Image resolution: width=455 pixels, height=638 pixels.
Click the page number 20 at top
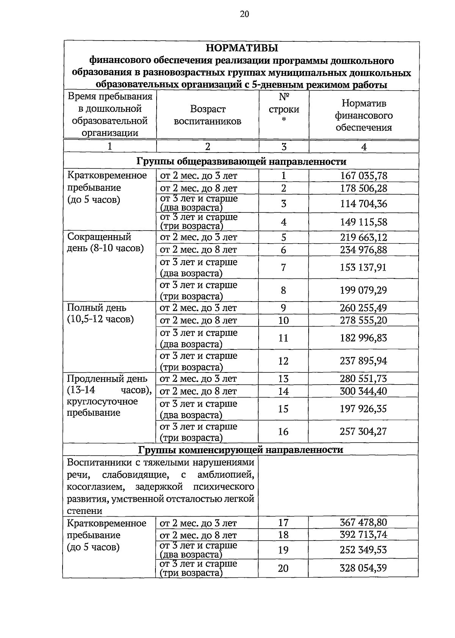tap(244, 14)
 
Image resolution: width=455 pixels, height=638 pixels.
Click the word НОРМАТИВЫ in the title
tap(242, 48)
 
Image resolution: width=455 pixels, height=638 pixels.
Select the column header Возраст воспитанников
tap(207, 115)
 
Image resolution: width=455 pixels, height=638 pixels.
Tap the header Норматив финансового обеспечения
tap(364, 115)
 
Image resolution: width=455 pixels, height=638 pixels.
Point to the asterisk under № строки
tap(284, 121)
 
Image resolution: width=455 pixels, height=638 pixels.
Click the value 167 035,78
tap(364, 176)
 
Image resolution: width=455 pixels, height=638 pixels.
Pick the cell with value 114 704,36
tap(364, 204)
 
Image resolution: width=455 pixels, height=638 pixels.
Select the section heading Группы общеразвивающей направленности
tap(241, 162)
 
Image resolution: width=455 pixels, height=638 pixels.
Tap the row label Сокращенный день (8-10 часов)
tap(105, 243)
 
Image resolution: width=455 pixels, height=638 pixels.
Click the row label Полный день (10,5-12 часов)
tap(100, 313)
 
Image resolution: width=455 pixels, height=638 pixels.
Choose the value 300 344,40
tap(363, 391)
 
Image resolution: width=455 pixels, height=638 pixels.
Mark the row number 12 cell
tap(283, 361)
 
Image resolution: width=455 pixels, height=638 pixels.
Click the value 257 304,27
tap(363, 431)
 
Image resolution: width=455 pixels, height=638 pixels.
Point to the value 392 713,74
tap(363, 535)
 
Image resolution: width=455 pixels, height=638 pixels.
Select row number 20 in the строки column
tap(283, 568)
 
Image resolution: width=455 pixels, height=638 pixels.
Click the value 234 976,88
tap(364, 250)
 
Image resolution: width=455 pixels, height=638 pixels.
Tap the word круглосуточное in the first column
tap(102, 402)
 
